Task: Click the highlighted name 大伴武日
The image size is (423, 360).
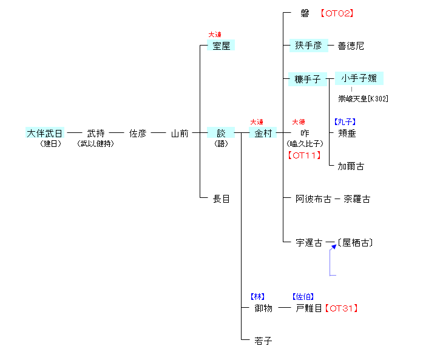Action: (x=44, y=133)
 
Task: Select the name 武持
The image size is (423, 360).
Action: (x=96, y=133)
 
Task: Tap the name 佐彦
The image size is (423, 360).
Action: (x=138, y=133)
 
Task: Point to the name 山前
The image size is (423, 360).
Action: (x=180, y=133)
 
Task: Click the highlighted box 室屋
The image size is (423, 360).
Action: (x=221, y=46)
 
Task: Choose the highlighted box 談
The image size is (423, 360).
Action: (x=221, y=133)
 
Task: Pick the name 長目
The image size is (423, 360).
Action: (x=222, y=199)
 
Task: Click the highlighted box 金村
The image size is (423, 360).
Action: (x=263, y=133)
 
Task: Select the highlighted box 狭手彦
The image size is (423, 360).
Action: (x=308, y=46)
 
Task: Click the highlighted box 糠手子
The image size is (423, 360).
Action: (x=308, y=79)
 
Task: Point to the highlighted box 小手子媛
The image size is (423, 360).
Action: (x=359, y=78)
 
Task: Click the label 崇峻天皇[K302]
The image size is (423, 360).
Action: (x=363, y=98)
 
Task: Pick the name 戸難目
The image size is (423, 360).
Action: (x=309, y=308)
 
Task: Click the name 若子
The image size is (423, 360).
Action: (x=263, y=341)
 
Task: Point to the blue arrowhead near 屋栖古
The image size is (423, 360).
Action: (x=333, y=246)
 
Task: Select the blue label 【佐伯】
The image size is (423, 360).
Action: (x=303, y=297)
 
